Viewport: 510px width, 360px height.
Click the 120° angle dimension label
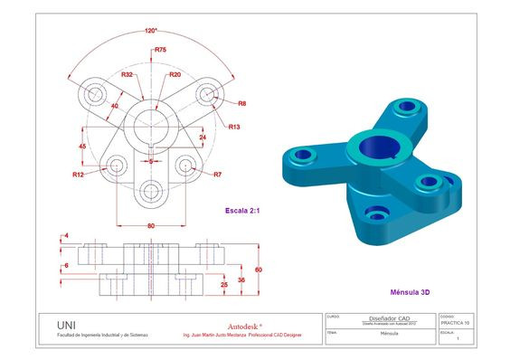pos(150,31)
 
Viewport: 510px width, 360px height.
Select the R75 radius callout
pos(160,50)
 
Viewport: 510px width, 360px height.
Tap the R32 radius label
pos(127,74)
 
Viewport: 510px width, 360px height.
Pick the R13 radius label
pos(234,127)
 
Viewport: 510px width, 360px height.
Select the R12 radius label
pos(79,174)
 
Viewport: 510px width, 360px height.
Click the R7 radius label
pos(218,174)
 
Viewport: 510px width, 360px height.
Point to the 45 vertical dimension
pos(82,145)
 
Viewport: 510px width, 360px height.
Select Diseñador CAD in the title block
pos(378,317)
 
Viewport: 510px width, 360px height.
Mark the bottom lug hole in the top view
pos(151,191)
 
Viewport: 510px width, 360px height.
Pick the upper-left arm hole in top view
pos(93,94)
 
